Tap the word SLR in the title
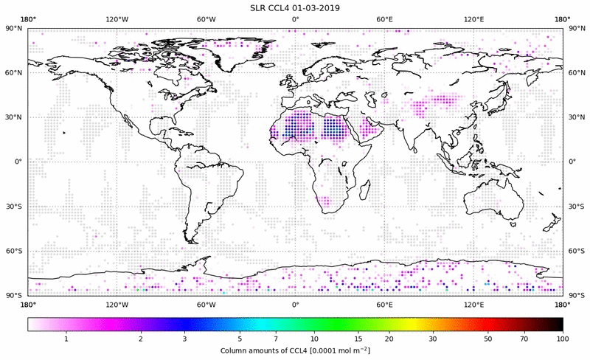tap(260, 8)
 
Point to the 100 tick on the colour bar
tap(563, 338)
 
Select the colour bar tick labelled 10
tap(315, 338)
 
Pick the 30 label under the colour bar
tap(434, 338)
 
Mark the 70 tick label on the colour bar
tap(523, 338)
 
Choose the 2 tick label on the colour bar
tap(141, 338)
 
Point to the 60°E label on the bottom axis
tap(384, 304)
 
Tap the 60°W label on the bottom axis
tap(206, 304)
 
